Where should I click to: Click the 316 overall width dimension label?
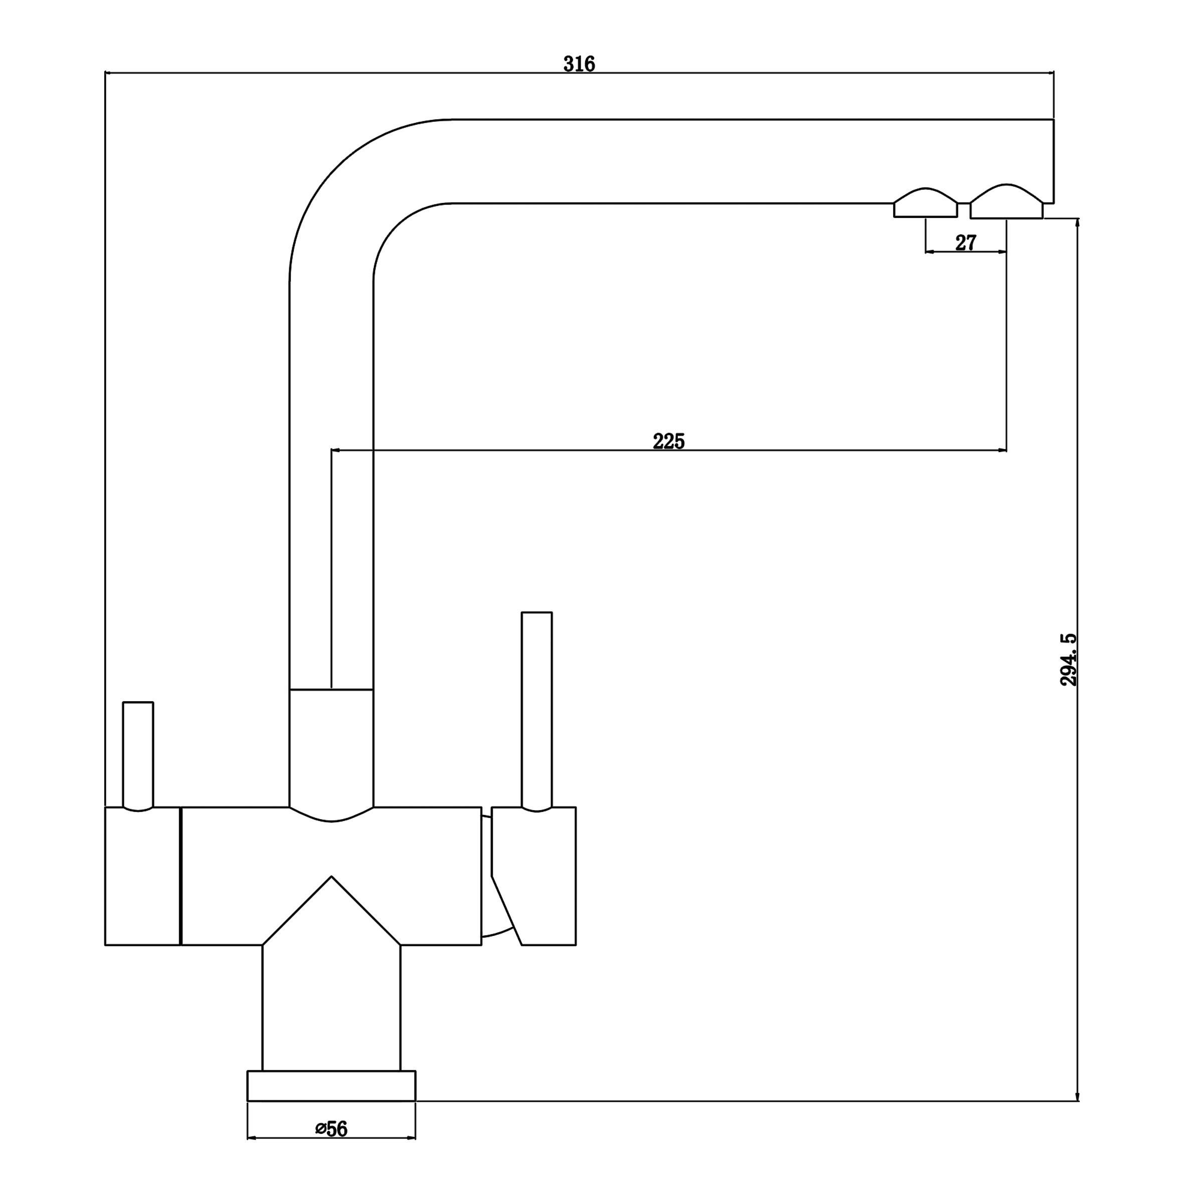coord(579,64)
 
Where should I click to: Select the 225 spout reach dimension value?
coord(669,441)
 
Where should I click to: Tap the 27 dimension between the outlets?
coord(965,243)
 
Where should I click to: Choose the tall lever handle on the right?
coord(536,711)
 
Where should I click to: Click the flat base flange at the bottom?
coord(331,1086)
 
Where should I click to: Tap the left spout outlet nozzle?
coord(925,203)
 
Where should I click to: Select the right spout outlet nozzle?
coord(1006,202)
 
